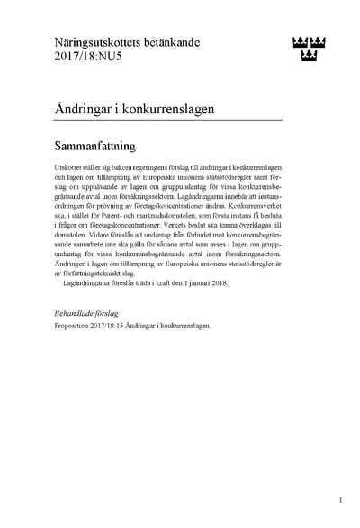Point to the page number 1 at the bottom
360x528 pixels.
(x=340, y=497)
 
